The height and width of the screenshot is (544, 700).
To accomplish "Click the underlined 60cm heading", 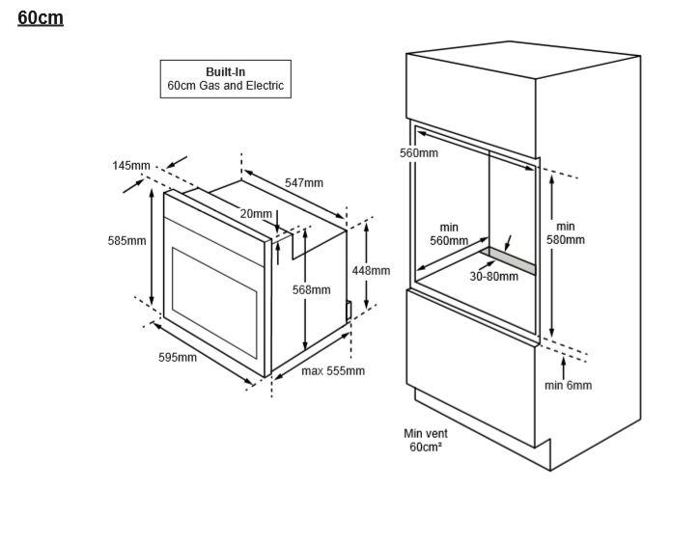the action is pos(41,18).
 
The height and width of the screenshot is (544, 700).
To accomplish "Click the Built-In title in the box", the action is pos(225,71).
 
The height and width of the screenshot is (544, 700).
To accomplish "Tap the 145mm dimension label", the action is pos(131,166).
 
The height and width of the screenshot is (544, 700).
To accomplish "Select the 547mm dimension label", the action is pos(304,183).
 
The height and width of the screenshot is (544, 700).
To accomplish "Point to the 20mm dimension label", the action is pos(256,214).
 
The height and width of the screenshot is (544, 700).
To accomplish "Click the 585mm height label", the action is pos(126,241).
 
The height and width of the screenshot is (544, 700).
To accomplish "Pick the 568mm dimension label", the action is pos(312,289).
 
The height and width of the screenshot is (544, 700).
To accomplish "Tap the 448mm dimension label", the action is pos(371,271).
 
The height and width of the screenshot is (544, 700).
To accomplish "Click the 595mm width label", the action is pos(178,357).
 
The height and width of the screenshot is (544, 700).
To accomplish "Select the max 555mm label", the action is pos(333,371).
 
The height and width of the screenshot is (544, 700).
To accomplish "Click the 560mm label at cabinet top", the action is pos(419,153).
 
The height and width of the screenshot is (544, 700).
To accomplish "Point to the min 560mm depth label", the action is pos(449,234).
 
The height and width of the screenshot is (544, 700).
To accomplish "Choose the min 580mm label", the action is pos(566,233).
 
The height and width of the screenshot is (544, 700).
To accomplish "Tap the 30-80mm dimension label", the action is pos(493,277).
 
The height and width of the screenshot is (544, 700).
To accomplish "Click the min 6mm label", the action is pos(569,385).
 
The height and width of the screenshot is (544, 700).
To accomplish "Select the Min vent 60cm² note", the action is pos(426,440).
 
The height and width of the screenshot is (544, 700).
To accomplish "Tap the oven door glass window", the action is pos(214,303).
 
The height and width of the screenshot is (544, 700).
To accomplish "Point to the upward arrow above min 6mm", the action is pos(564,368).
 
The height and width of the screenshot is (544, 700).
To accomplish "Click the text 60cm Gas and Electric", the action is pos(225,86).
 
